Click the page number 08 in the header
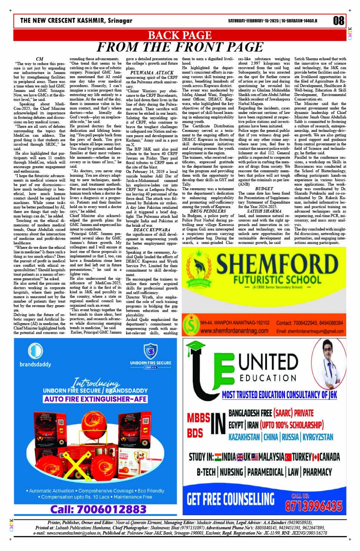point(338,21)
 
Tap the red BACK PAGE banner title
point(179,35)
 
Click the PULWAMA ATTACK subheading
point(152,72)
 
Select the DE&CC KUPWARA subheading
point(152,230)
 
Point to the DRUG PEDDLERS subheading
point(208,211)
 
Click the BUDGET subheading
point(264,189)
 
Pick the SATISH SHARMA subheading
point(264,211)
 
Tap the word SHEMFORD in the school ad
point(277,264)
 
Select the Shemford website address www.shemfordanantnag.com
point(234,331)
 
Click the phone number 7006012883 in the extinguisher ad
point(98,509)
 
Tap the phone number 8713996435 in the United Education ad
point(314,506)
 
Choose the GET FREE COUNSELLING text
point(230,499)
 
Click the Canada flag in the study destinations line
point(316,457)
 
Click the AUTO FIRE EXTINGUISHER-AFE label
point(95,399)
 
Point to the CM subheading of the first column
point(39,59)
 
